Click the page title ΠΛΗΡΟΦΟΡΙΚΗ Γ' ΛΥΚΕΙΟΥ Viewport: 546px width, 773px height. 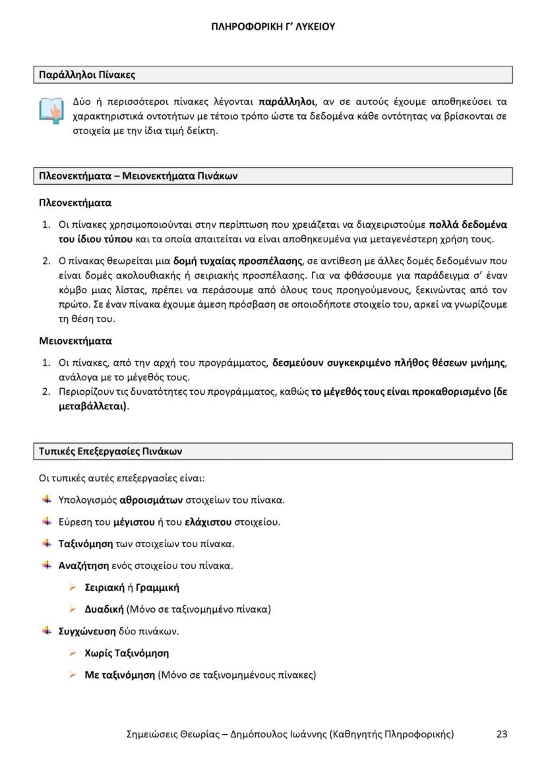pyautogui.click(x=273, y=27)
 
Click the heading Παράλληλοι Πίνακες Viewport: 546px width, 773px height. pyautogui.click(x=87, y=75)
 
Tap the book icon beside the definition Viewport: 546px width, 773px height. pyautogui.click(x=50, y=110)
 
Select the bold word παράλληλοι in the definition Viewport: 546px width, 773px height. pyautogui.click(x=286, y=102)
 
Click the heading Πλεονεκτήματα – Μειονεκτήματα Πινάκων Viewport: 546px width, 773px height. pyautogui.click(x=138, y=176)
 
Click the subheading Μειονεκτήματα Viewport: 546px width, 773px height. pyautogui.click(x=76, y=341)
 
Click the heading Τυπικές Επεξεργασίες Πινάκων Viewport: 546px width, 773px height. pyautogui.click(x=111, y=452)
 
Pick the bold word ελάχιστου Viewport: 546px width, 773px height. pyautogui.click(x=208, y=521)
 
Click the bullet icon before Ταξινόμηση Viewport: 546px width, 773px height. pyautogui.click(x=47, y=543)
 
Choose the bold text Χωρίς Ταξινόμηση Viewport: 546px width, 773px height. pyautogui.click(x=127, y=653)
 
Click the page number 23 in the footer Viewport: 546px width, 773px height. pyautogui.click(x=502, y=733)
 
